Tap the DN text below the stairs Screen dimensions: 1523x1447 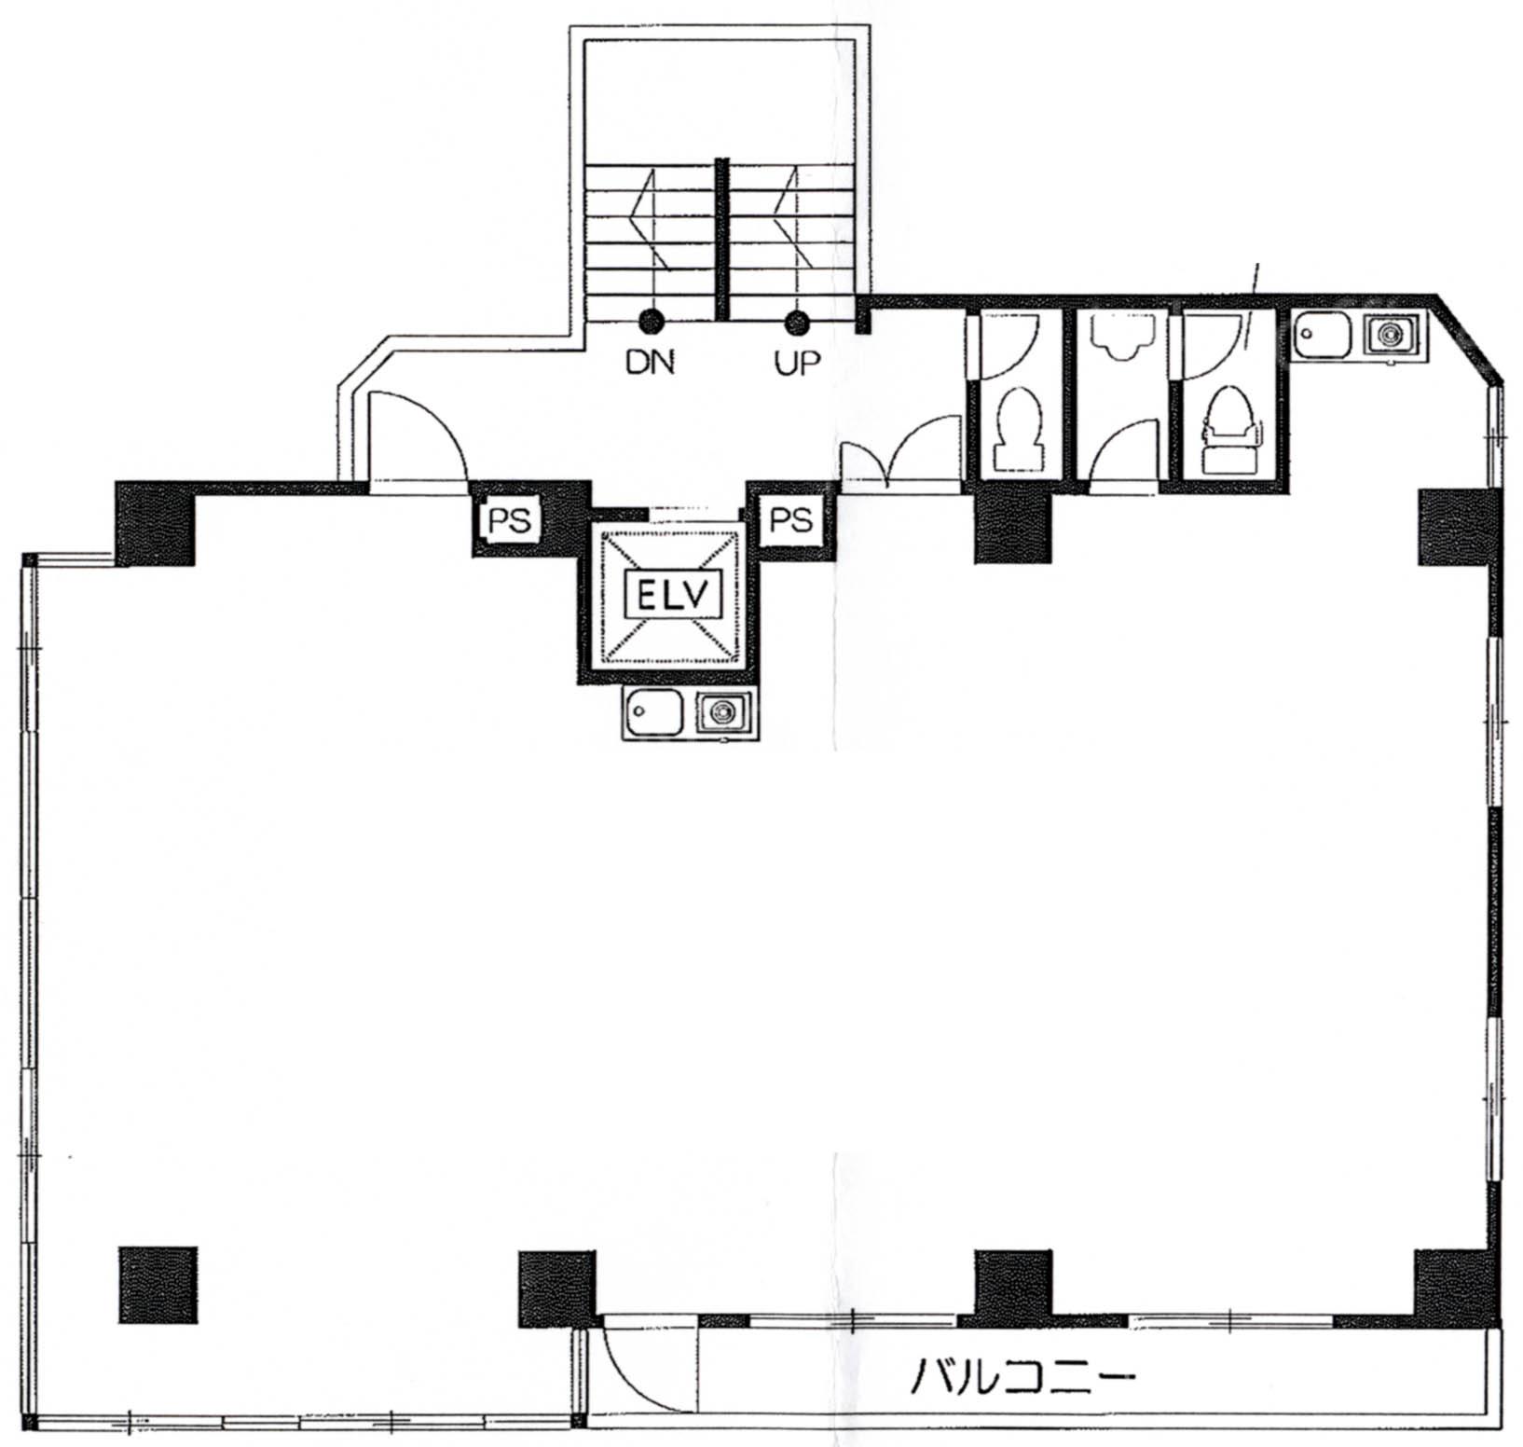point(650,362)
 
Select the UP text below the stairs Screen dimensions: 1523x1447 point(798,362)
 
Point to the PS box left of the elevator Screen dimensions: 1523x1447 point(510,520)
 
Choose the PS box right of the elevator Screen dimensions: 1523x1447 point(789,519)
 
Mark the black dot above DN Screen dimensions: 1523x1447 point(651,323)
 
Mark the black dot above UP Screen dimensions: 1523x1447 point(796,323)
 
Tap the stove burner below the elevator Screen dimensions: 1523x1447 point(721,713)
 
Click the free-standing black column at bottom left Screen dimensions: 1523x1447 point(158,1285)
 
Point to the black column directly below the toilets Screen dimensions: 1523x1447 point(1013,526)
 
